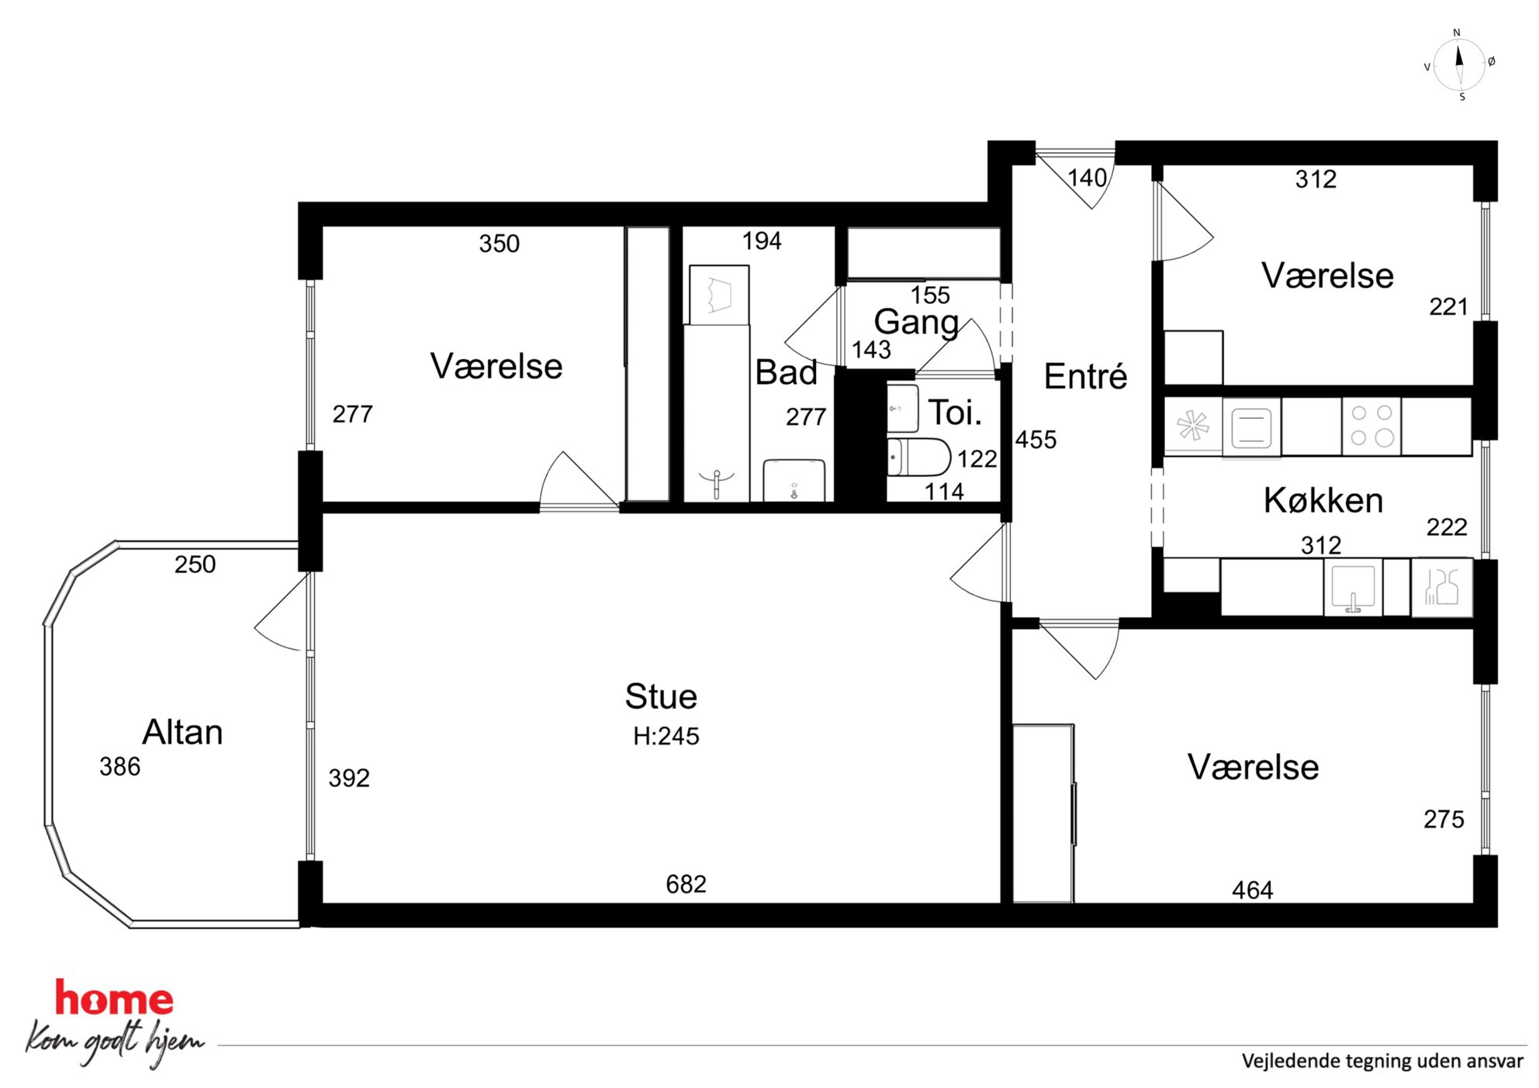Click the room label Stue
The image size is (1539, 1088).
pyautogui.click(x=661, y=696)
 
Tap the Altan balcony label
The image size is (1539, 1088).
pyautogui.click(x=182, y=732)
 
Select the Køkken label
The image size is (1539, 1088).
pyautogui.click(x=1323, y=500)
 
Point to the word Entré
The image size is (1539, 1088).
pyautogui.click(x=1085, y=376)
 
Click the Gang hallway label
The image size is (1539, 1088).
pyautogui.click(x=916, y=323)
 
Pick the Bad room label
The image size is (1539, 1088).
pyautogui.click(x=786, y=372)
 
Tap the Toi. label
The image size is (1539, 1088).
pyautogui.click(x=955, y=413)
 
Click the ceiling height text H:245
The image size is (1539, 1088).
pyautogui.click(x=666, y=736)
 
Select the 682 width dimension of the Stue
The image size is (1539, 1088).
pyautogui.click(x=686, y=884)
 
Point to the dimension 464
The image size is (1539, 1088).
pyautogui.click(x=1252, y=890)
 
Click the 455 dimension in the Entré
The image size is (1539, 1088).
pyautogui.click(x=1036, y=440)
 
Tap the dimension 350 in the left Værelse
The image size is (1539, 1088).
pyautogui.click(x=499, y=244)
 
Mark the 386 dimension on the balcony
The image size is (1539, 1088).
pyautogui.click(x=119, y=767)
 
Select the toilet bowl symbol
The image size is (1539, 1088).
pyautogui.click(x=918, y=457)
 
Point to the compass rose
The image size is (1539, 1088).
pyautogui.click(x=1459, y=65)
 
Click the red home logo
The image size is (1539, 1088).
pyautogui.click(x=113, y=999)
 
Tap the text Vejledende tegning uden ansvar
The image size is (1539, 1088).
pyautogui.click(x=1382, y=1062)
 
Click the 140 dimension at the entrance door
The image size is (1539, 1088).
pyautogui.click(x=1087, y=178)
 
